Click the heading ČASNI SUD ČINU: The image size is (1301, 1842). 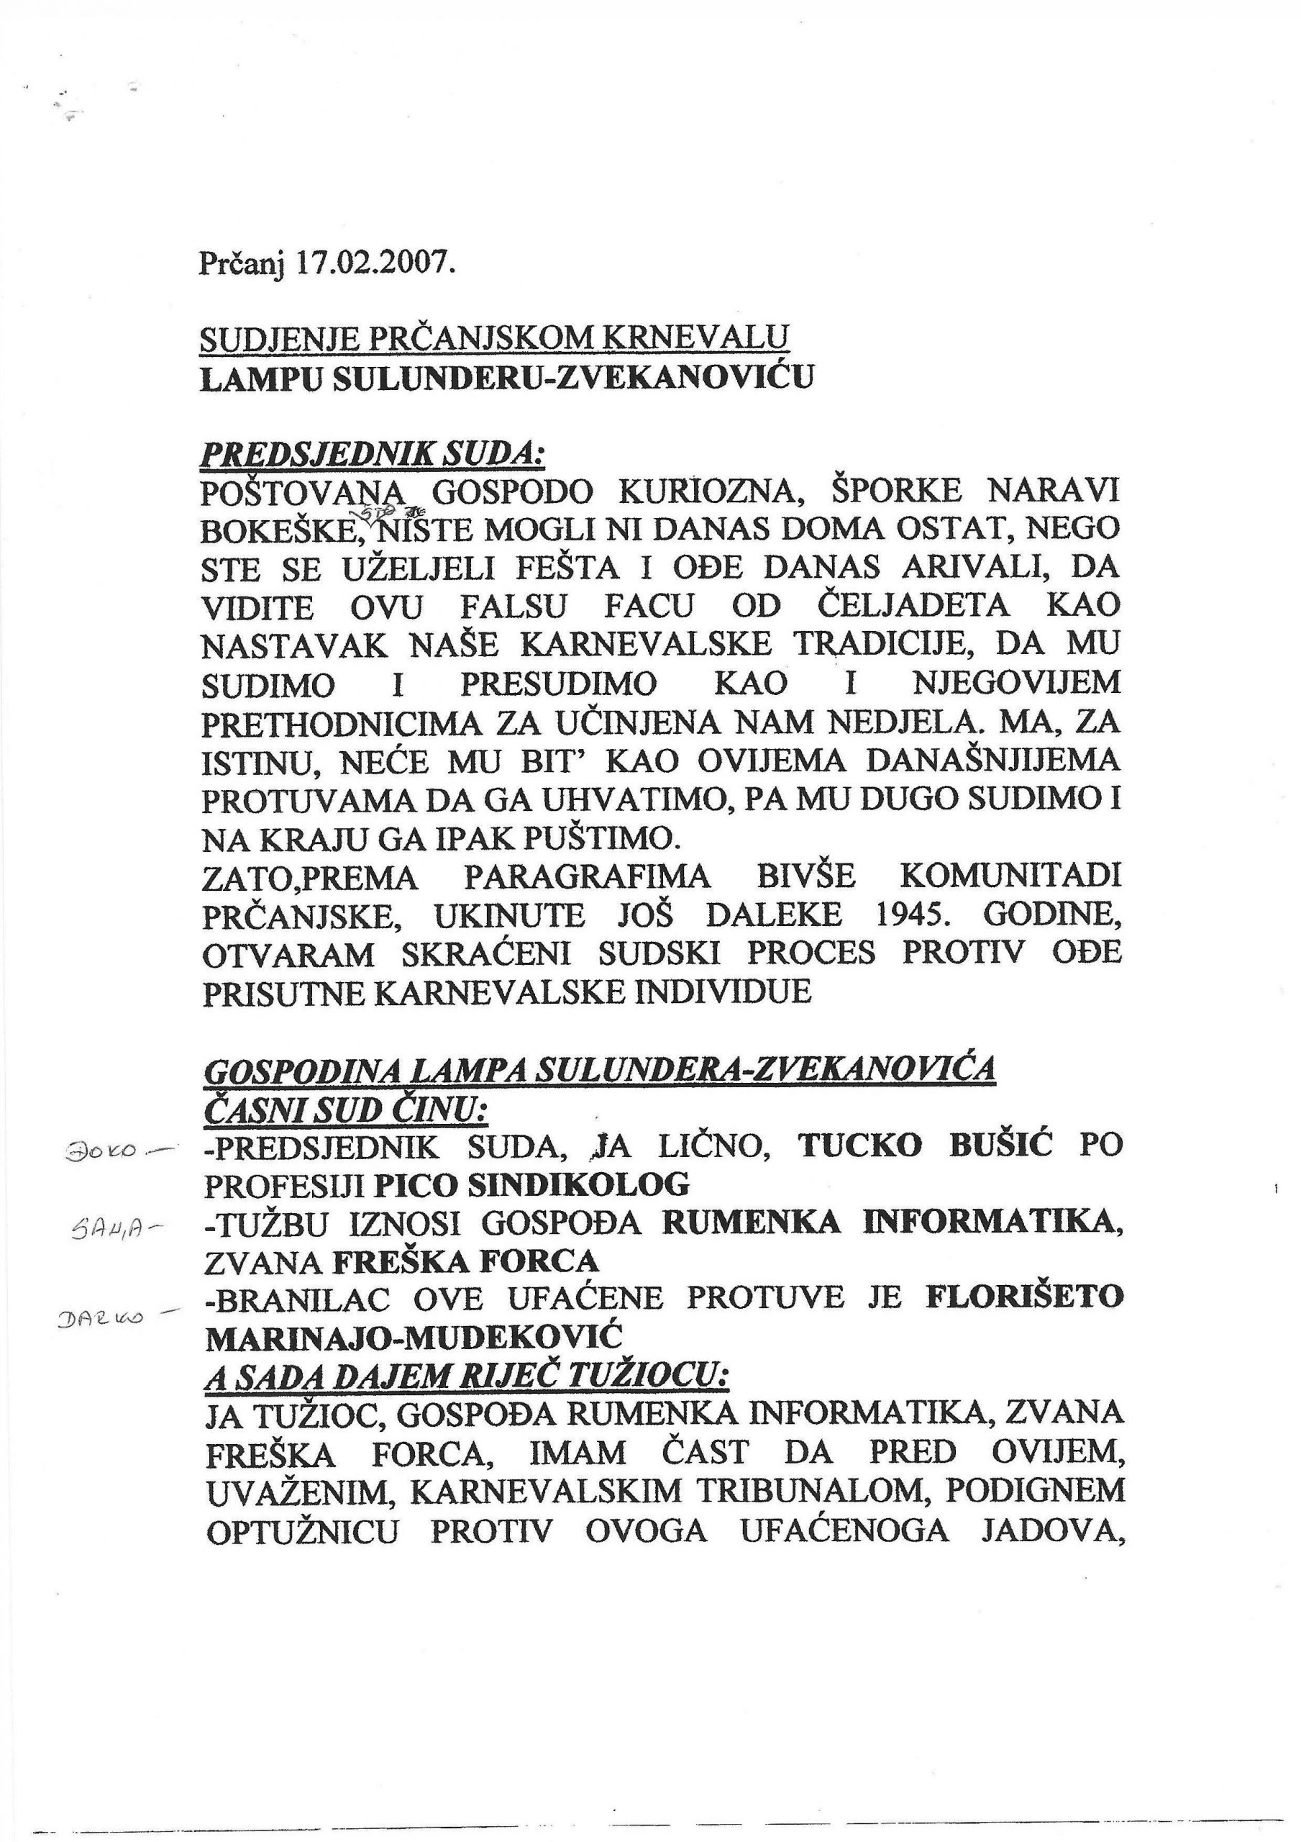[347, 1111]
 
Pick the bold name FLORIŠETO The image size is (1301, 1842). [1023, 1299]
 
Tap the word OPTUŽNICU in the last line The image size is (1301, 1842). [303, 1530]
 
